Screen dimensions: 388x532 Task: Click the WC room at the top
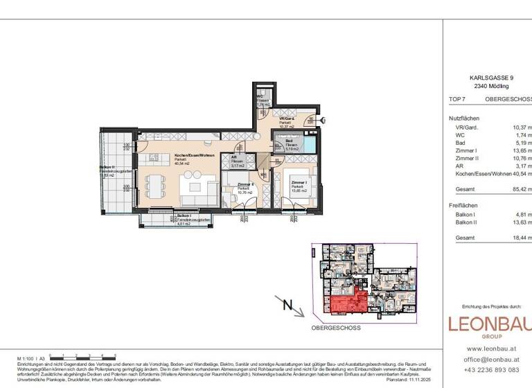coord(263,101)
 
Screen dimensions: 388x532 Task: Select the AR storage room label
coord(236,161)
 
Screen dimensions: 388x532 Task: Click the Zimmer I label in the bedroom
coord(298,184)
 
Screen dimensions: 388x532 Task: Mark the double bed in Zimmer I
coord(309,187)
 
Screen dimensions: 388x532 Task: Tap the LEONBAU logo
coord(489,325)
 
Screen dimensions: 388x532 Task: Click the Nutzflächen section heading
coord(464,118)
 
